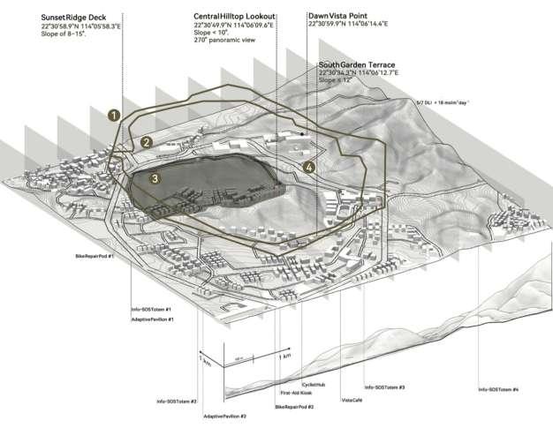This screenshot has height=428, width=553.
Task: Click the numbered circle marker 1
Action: click(112, 115)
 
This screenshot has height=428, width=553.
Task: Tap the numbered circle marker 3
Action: click(155, 179)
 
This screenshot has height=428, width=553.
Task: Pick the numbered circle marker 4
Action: click(308, 167)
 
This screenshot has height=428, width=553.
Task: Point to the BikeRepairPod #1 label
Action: click(96, 255)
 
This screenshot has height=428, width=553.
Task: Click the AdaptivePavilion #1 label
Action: click(151, 319)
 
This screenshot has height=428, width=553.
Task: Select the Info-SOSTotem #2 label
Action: click(177, 402)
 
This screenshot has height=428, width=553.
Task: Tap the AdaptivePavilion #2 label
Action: click(224, 415)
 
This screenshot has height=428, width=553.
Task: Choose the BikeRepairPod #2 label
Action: click(294, 407)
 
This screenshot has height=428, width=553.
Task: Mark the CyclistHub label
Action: click(314, 385)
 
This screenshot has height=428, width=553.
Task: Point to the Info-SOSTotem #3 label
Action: click(384, 387)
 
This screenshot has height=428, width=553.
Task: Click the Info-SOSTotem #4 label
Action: click(498, 389)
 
